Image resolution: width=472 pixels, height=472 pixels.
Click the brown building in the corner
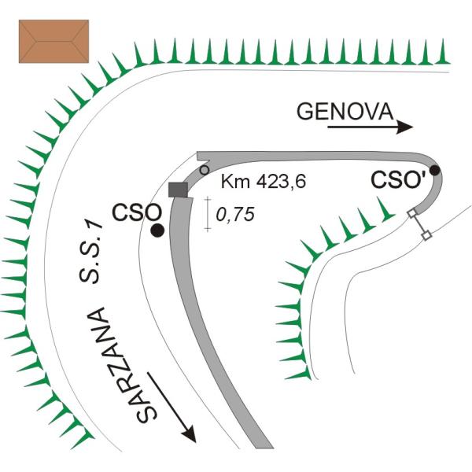pyautogui.click(x=53, y=41)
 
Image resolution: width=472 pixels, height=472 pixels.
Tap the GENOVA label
pyautogui.click(x=345, y=112)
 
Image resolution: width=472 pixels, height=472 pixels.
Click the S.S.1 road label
pyautogui.click(x=90, y=252)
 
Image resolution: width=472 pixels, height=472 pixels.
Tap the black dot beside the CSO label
pyautogui.click(x=157, y=230)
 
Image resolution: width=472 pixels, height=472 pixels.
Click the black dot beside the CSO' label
pyautogui.click(x=435, y=171)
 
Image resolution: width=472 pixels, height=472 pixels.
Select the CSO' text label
pyautogui.click(x=398, y=180)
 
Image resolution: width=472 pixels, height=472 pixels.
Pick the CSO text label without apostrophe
pyautogui.click(x=137, y=212)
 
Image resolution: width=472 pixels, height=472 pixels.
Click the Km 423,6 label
pyautogui.click(x=264, y=181)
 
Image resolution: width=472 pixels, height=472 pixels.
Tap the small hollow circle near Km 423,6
pyautogui.click(x=205, y=170)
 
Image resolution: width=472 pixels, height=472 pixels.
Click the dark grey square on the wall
pyautogui.click(x=178, y=190)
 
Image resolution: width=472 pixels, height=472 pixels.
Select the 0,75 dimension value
pyautogui.click(x=235, y=214)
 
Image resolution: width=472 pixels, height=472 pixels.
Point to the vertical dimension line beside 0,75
pyautogui.click(x=208, y=214)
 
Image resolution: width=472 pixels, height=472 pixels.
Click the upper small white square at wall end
pyautogui.click(x=411, y=213)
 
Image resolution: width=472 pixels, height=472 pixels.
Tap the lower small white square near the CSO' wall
pyautogui.click(x=426, y=235)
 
